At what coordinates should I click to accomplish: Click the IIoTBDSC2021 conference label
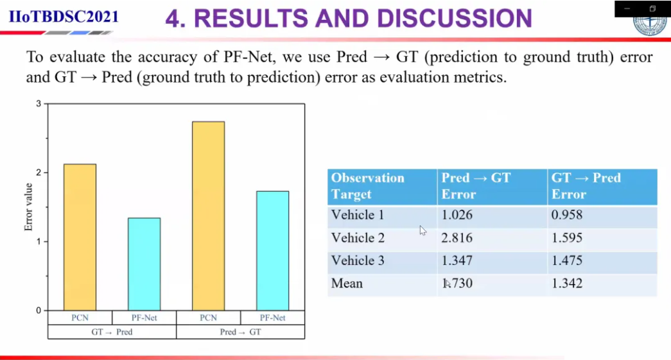click(x=64, y=17)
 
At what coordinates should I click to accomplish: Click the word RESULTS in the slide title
click(x=251, y=19)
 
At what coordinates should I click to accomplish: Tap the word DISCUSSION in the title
click(x=455, y=19)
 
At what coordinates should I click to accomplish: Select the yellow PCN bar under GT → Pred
click(x=80, y=237)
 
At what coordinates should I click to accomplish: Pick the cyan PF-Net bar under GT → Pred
click(x=144, y=264)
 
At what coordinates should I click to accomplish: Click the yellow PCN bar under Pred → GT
click(x=209, y=216)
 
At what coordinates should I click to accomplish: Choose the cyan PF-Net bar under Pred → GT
click(x=273, y=251)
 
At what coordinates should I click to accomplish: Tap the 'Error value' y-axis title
click(x=28, y=207)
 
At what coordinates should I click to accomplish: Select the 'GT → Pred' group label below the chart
click(x=112, y=332)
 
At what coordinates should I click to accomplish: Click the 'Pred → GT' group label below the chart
click(x=241, y=332)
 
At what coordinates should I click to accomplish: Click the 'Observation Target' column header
click(x=367, y=186)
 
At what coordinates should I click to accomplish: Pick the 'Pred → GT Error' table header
click(x=476, y=186)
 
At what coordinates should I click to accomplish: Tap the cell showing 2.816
click(x=457, y=237)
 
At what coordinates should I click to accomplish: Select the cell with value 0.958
click(x=566, y=214)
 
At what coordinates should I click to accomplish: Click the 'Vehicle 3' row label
click(x=358, y=261)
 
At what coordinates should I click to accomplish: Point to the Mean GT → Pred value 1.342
click(x=566, y=283)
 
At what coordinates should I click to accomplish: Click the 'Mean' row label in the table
click(x=347, y=283)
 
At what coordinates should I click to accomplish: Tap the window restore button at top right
click(x=652, y=8)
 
